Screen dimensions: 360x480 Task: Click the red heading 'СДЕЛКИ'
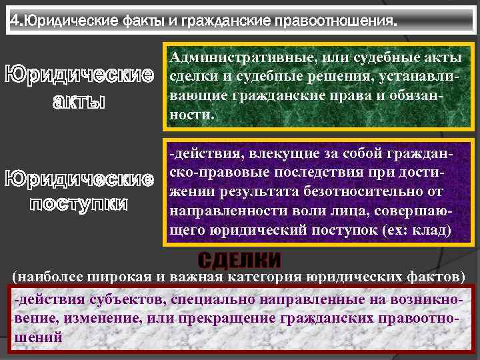point(239,260)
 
